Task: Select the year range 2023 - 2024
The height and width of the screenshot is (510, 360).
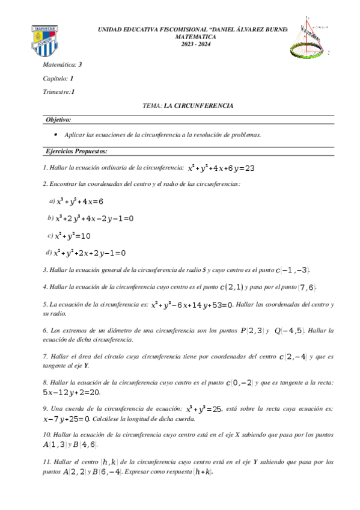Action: click(x=195, y=44)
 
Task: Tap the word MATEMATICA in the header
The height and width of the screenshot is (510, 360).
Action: click(x=195, y=37)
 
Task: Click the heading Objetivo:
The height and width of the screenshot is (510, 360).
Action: click(x=58, y=120)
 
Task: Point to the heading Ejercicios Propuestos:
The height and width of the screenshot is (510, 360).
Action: click(x=76, y=151)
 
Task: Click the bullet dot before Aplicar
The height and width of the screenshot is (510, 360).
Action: click(x=56, y=135)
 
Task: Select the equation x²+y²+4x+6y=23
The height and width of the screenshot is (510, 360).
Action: click(x=221, y=168)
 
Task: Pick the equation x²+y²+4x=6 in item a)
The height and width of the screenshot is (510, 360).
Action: click(x=80, y=201)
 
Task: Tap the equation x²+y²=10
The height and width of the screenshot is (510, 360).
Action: click(x=73, y=236)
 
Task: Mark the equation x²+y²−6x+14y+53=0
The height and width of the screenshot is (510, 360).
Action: click(x=192, y=306)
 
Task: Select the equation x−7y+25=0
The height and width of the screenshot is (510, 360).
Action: click(x=67, y=419)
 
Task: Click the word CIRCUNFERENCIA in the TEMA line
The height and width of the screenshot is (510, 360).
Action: click(x=203, y=106)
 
